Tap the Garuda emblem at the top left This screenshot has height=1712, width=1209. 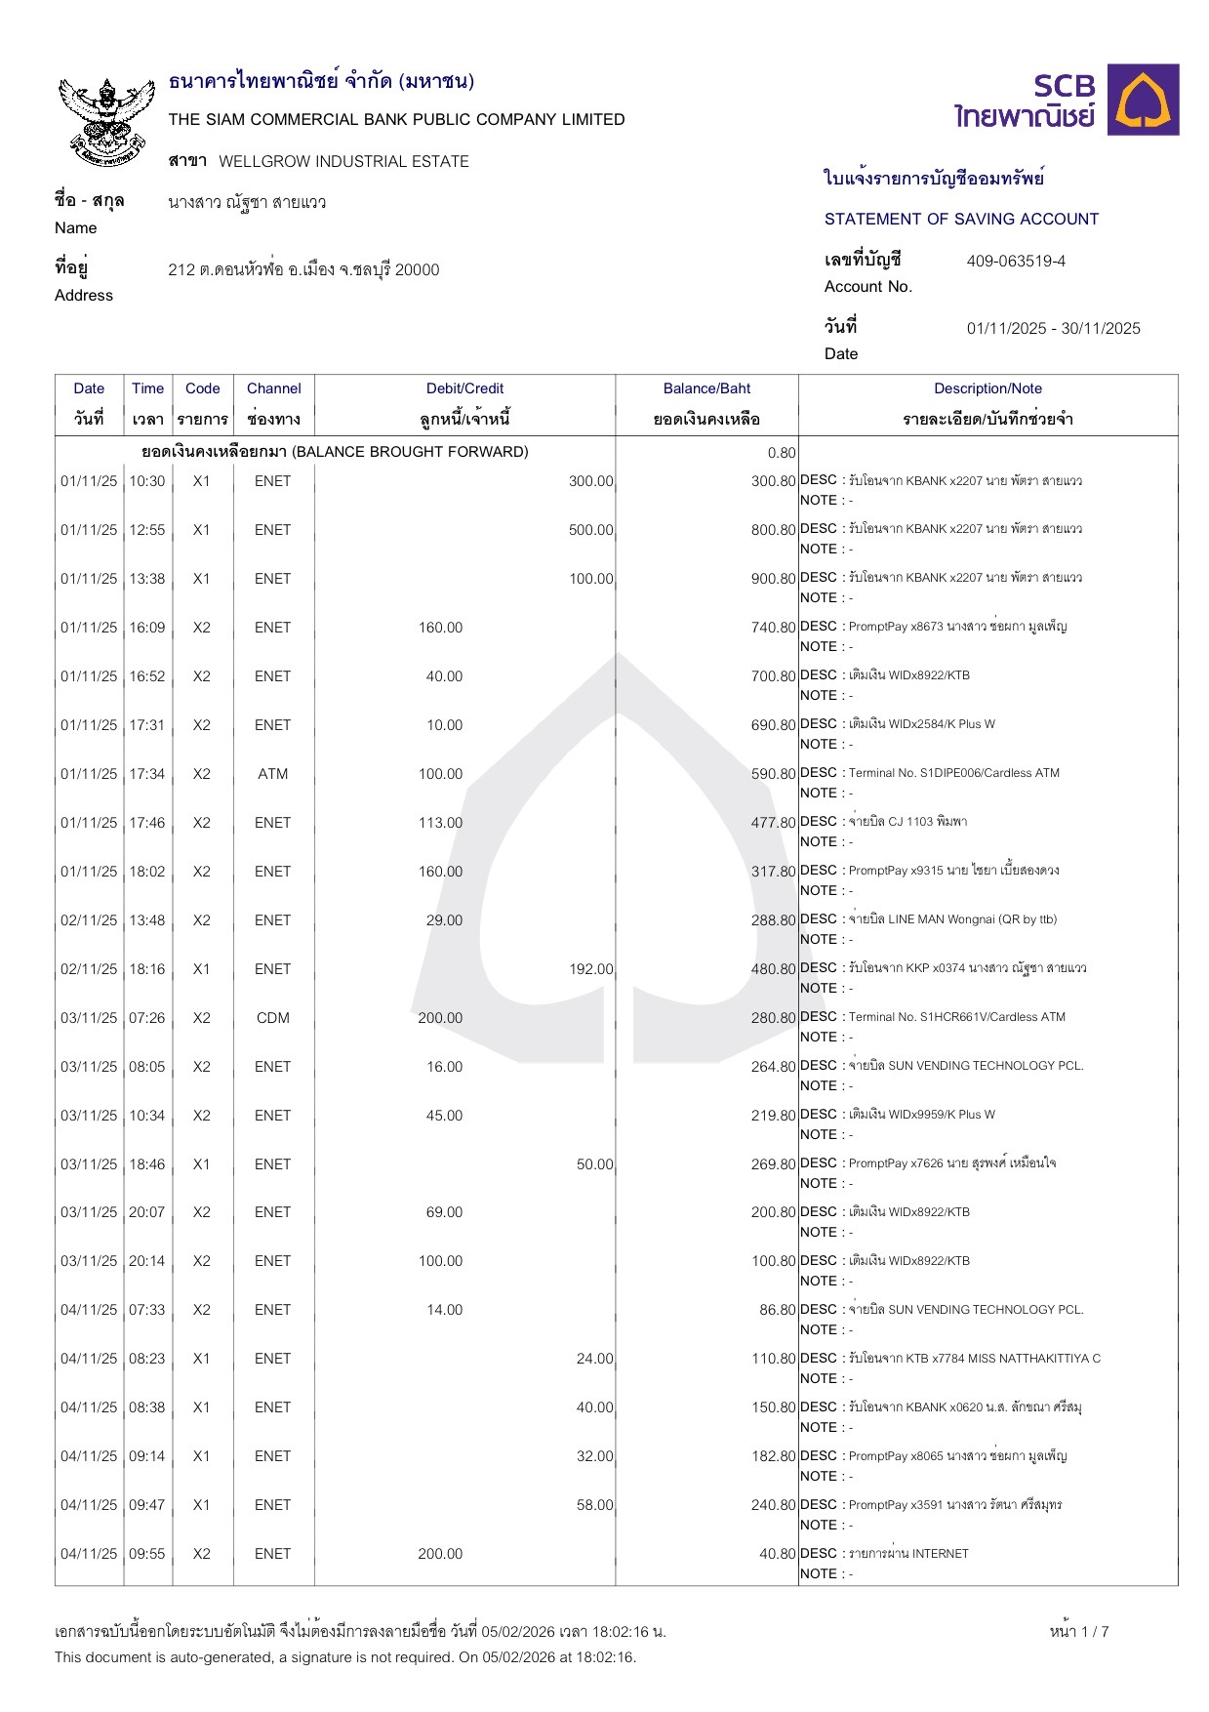pyautogui.click(x=107, y=120)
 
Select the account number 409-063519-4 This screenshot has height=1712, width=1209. pyautogui.click(x=1016, y=261)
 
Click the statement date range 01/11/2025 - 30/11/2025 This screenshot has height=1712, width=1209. pyautogui.click(x=1053, y=328)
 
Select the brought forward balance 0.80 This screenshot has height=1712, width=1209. pyautogui.click(x=782, y=453)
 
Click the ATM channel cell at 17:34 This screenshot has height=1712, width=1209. pyautogui.click(x=273, y=774)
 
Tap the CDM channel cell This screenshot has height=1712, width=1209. pyautogui.click(x=273, y=1018)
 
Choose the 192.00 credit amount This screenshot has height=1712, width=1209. pyautogui.click(x=591, y=969)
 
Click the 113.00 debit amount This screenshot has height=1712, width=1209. pyautogui.click(x=440, y=823)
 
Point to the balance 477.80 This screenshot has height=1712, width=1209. pyautogui.click(x=773, y=823)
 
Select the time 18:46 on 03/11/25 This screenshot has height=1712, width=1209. pyautogui.click(x=147, y=1164)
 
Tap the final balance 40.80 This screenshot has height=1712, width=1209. pyautogui.click(x=778, y=1554)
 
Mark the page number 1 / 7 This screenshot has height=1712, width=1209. pyautogui.click(x=1079, y=1631)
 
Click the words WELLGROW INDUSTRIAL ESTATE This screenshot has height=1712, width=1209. pyautogui.click(x=343, y=161)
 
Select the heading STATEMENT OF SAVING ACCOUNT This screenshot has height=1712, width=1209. pyautogui.click(x=961, y=219)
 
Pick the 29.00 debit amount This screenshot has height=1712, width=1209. pyautogui.click(x=444, y=920)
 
